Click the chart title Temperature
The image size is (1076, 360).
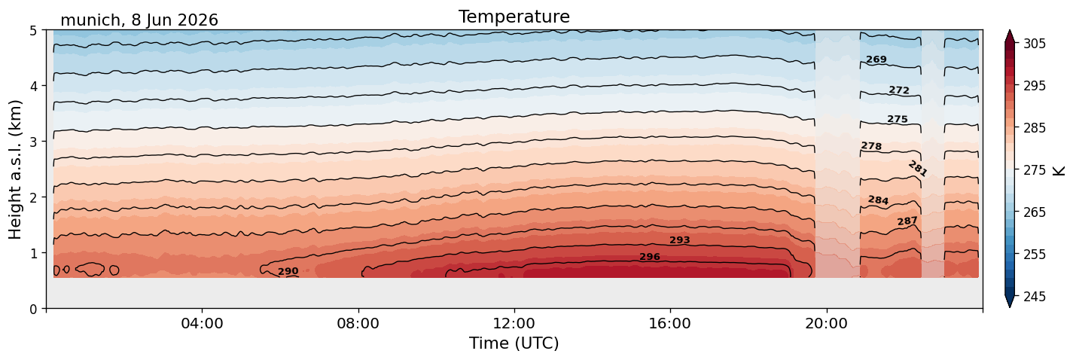tap(514, 17)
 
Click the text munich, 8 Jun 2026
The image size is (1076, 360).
tap(139, 20)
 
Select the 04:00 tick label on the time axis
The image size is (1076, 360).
tap(203, 323)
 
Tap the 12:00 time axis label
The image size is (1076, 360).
tap(514, 323)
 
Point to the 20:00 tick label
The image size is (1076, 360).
tap(826, 323)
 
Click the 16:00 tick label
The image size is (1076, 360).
tap(670, 323)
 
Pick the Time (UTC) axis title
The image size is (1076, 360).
tap(514, 343)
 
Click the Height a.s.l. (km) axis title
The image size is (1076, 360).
tap(15, 169)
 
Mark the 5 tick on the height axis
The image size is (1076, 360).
tap(34, 31)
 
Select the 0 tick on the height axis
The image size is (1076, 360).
tap(34, 309)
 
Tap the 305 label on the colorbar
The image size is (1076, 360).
tap(1034, 44)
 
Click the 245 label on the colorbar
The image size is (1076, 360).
tap(1034, 297)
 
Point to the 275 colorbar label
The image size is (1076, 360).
tap(1034, 170)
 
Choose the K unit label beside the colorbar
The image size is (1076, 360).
tap(1059, 170)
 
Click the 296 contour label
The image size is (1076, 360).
tap(650, 257)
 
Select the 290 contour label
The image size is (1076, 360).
tap(288, 271)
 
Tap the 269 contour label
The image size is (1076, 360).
tap(876, 59)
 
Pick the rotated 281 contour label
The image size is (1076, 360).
tap(917, 169)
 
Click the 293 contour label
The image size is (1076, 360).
tap(680, 239)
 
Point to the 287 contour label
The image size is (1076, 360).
tap(907, 221)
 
